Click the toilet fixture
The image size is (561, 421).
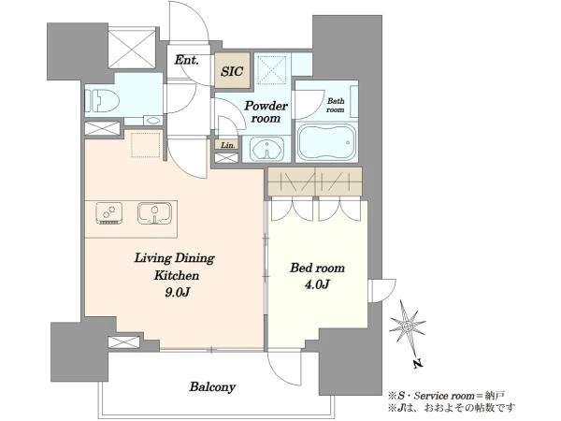tap(102, 101)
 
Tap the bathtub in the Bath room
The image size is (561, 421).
tap(326, 142)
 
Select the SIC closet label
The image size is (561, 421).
tap(232, 71)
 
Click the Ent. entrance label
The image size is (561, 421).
tap(186, 60)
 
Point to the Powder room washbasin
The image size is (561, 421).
tap(266, 149)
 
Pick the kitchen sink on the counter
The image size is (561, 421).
tap(154, 213)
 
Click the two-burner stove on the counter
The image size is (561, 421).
tap(109, 213)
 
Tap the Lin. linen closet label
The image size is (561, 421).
tap(228, 145)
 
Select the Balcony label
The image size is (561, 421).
tap(212, 387)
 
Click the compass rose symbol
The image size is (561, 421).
tap(407, 327)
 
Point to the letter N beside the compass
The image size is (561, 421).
tap(418, 364)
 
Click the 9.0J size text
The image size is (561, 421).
tap(177, 293)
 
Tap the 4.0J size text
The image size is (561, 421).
tap(317, 284)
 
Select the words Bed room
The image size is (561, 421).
tap(317, 268)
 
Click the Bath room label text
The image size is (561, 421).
tap(336, 105)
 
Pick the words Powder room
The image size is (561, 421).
tap(266, 111)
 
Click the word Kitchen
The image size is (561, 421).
tap(177, 275)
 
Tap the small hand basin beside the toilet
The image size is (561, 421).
tap(153, 120)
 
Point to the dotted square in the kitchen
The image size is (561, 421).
tap(145, 145)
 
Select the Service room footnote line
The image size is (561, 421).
tap(446, 396)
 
